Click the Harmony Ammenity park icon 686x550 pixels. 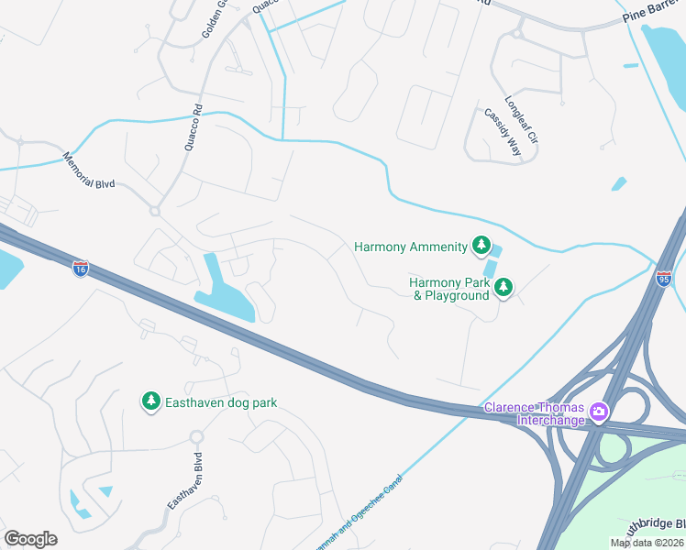click(x=480, y=245)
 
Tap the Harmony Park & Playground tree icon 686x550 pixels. click(x=503, y=289)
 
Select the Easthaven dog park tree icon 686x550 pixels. click(x=150, y=401)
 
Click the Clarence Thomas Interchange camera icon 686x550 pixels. click(x=599, y=412)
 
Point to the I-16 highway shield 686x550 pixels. click(x=81, y=269)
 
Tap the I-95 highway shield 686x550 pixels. click(x=664, y=278)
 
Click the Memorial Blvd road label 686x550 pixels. click(x=89, y=171)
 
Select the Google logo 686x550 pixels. click(x=30, y=539)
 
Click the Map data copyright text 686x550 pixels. click(x=646, y=543)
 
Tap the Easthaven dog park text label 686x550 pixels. click(x=220, y=402)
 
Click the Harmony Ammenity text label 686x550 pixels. click(x=410, y=246)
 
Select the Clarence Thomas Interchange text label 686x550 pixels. click(x=534, y=413)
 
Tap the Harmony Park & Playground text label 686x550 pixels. click(x=449, y=289)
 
